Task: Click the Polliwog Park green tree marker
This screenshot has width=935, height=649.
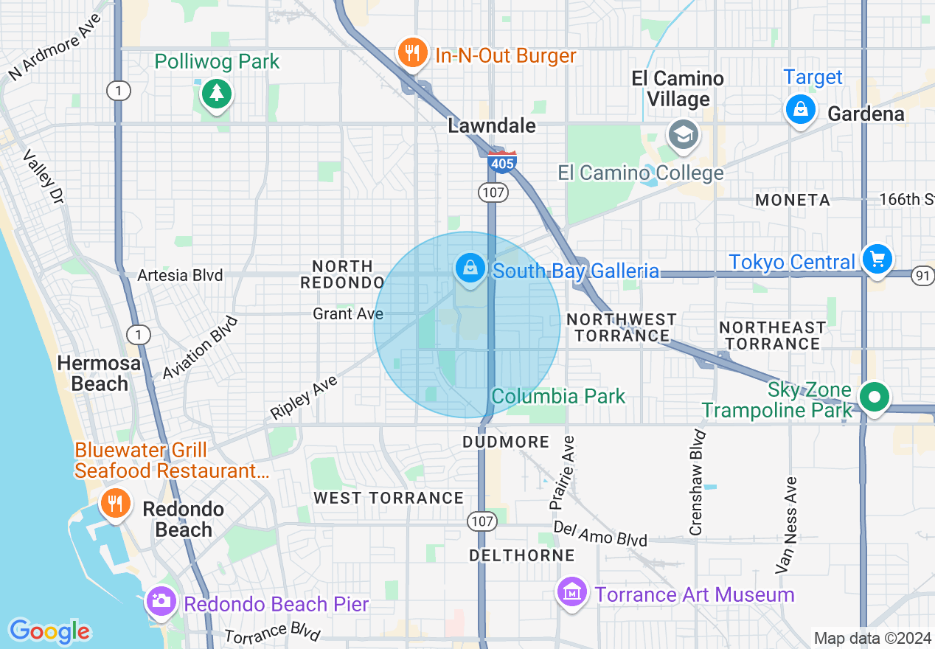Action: tap(216, 94)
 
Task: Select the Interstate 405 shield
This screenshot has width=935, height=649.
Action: tap(501, 162)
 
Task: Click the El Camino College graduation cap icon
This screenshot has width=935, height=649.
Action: tap(683, 134)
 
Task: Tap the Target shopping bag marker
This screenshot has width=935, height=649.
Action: tap(799, 110)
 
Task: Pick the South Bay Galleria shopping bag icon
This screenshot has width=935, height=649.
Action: tap(470, 268)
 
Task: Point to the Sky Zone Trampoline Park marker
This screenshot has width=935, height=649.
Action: tap(874, 398)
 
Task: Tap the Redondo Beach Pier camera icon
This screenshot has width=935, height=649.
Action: tap(160, 601)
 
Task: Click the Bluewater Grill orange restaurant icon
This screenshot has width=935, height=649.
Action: tap(114, 504)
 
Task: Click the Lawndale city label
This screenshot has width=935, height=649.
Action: tap(492, 126)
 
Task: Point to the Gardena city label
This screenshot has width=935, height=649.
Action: tap(866, 114)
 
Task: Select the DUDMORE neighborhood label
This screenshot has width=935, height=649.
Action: tap(506, 442)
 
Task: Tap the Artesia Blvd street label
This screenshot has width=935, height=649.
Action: tap(180, 276)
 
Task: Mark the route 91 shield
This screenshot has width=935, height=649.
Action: tap(922, 276)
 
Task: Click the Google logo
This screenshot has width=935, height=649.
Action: tap(49, 631)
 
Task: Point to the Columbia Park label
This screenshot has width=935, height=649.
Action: tap(558, 396)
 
